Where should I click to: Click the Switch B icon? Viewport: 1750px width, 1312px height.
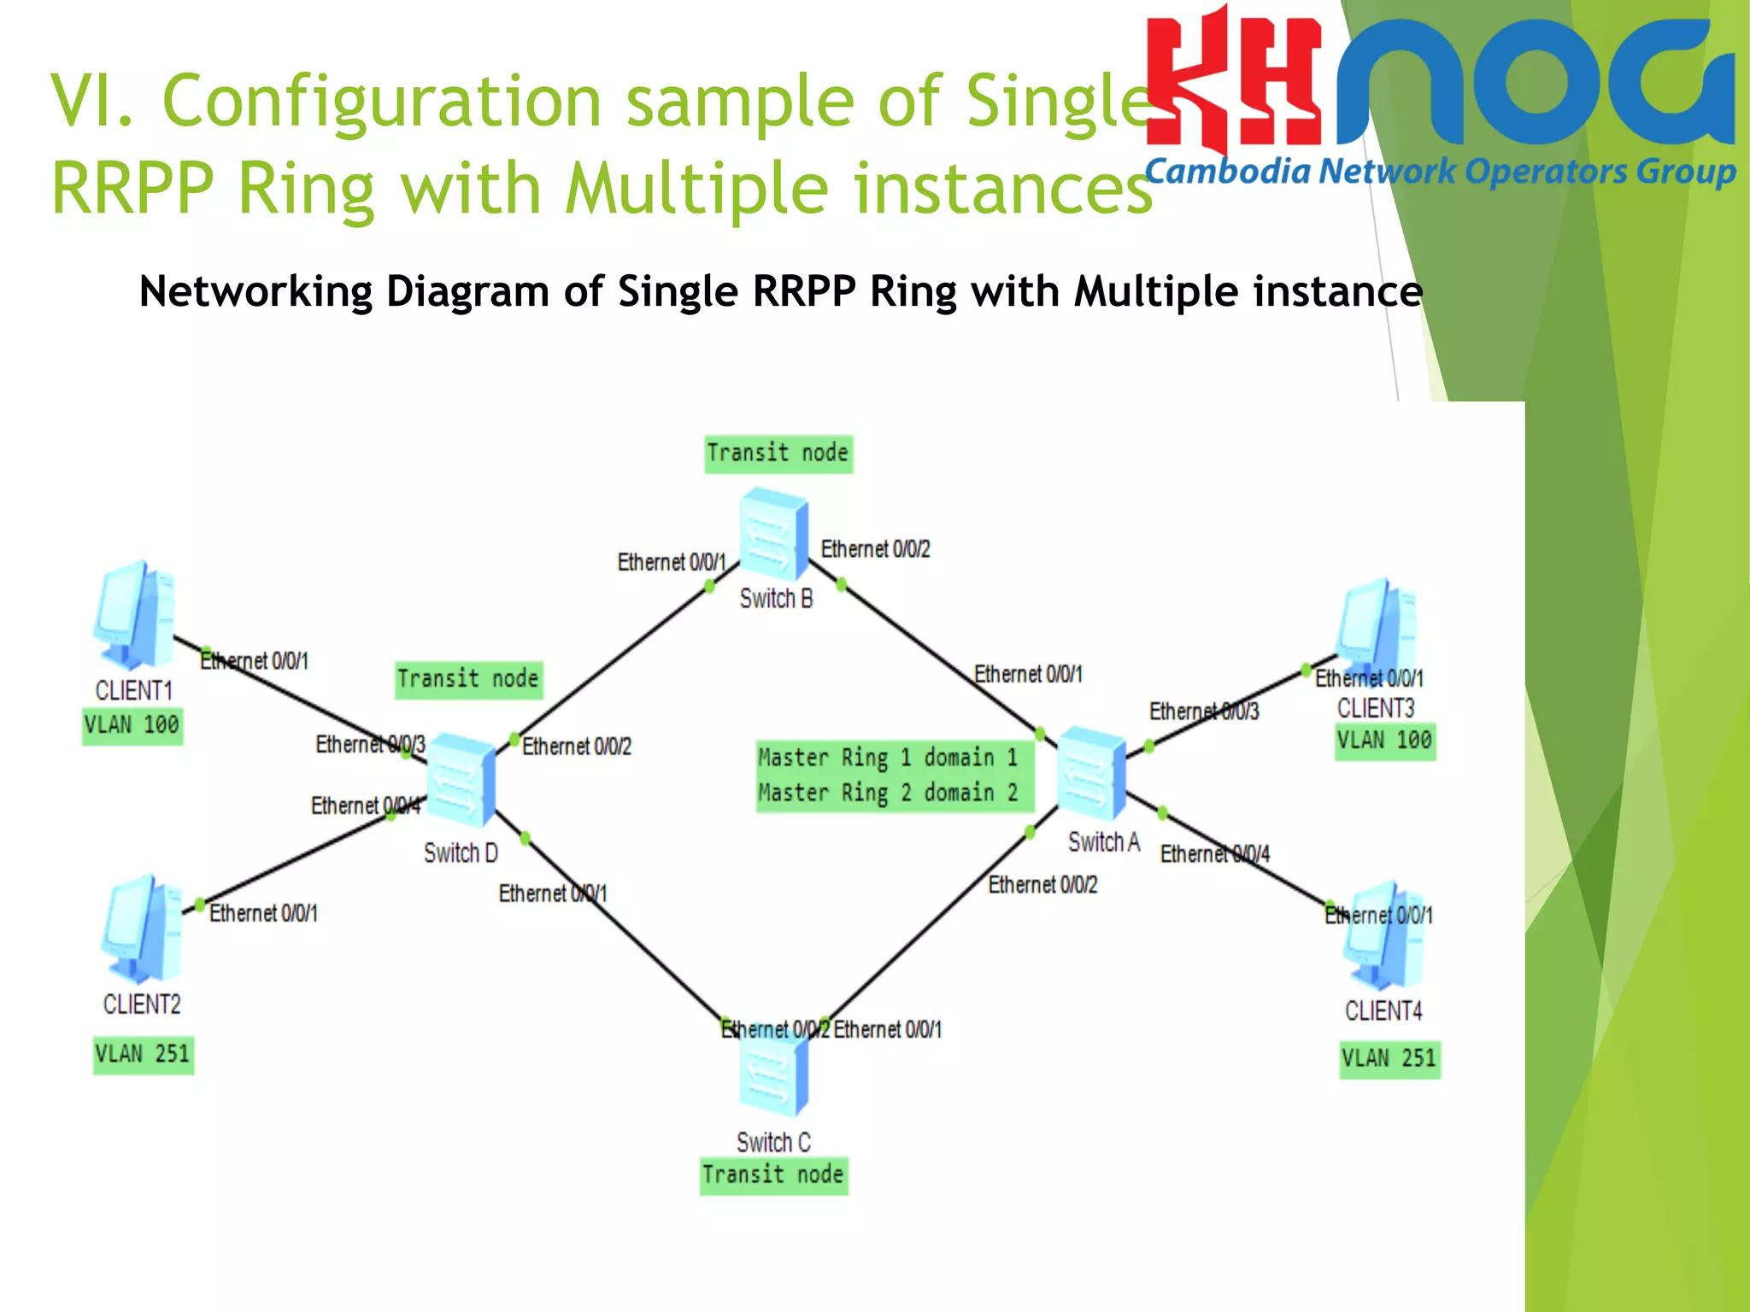pos(773,535)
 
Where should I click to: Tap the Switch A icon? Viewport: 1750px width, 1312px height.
pos(1092,773)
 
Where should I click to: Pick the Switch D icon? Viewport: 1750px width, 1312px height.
pos(461,779)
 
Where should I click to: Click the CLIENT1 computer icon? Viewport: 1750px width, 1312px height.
pos(135,615)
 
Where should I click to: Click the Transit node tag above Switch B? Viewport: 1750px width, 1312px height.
pos(778,453)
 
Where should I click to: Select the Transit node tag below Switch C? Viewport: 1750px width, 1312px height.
pos(773,1175)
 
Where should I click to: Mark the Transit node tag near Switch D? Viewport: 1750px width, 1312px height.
pos(468,679)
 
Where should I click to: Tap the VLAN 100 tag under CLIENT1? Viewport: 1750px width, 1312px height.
pos(132,725)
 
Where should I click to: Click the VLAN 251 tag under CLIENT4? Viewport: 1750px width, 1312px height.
pos(1389,1059)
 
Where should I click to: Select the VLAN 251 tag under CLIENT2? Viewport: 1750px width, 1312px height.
pos(143,1054)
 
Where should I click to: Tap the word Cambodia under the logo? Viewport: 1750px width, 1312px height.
pos(1227,173)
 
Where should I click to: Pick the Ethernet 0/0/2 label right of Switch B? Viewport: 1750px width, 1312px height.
pos(875,549)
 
